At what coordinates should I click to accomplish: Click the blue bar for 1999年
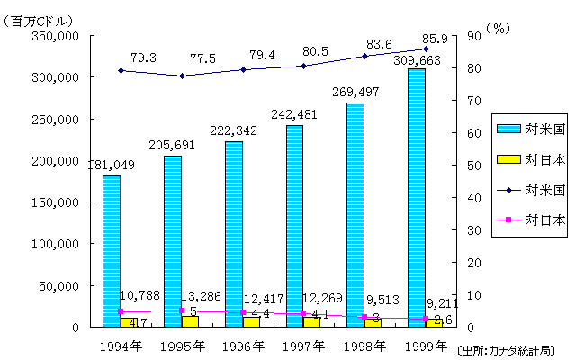coord(416,198)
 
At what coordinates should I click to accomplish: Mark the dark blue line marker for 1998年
coord(364,56)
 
